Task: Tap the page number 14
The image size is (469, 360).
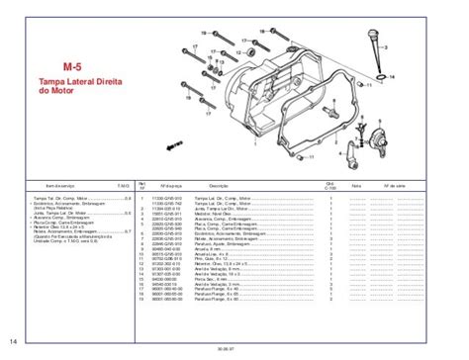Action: click(12, 342)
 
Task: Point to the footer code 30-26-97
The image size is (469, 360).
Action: click(234, 350)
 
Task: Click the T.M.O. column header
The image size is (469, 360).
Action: click(124, 185)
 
